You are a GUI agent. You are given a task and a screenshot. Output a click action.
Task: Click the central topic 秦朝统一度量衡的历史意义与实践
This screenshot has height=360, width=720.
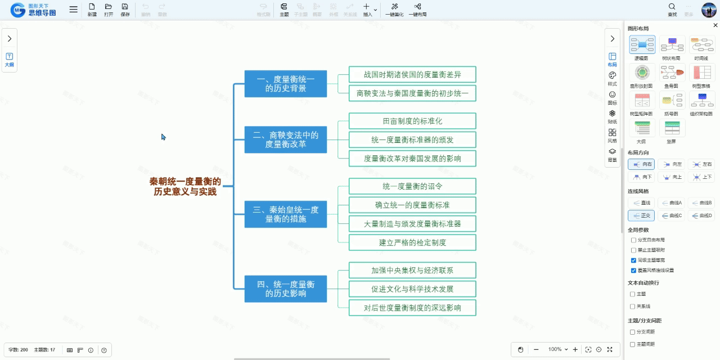185,186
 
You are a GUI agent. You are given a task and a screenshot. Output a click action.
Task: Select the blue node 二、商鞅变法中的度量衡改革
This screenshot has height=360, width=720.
285,139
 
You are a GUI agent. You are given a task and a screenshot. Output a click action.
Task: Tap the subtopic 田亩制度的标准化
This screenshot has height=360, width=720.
412,121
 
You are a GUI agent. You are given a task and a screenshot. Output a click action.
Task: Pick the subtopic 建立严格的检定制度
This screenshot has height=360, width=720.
412,242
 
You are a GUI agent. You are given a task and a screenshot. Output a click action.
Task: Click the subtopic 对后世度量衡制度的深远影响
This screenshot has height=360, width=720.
412,308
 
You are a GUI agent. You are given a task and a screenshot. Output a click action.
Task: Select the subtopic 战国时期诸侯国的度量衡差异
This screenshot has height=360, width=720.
412,74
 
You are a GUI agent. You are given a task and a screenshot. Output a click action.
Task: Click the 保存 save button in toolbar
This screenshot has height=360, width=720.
125,10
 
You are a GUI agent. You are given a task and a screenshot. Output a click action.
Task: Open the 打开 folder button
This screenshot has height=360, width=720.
109,10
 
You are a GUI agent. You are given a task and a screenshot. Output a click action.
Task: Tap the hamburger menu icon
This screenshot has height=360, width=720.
74,10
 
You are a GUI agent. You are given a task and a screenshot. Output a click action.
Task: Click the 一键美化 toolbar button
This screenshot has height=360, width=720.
394,10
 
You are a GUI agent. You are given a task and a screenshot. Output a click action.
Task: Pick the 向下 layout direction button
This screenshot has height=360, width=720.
641,177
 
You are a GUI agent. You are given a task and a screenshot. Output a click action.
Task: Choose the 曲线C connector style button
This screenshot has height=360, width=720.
671,215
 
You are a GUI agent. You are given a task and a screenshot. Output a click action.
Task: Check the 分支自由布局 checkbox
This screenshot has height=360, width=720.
634,240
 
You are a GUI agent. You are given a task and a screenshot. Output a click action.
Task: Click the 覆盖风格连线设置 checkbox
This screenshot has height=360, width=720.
634,271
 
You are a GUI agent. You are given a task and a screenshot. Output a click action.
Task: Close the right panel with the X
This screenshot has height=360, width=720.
715,25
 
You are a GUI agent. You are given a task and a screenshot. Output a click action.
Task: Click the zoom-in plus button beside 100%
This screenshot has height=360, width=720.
575,349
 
